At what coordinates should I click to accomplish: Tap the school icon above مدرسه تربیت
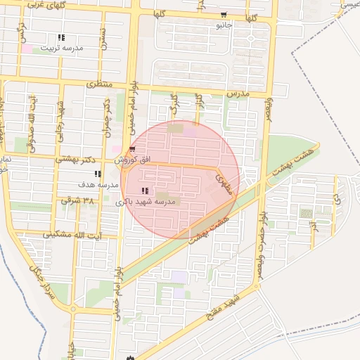[61, 37]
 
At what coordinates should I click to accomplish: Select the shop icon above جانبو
[224, 15]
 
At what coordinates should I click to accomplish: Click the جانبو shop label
[223, 25]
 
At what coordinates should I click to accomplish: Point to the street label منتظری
[99, 84]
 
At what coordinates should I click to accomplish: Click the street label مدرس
[238, 93]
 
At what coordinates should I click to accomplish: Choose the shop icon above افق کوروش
[132, 149]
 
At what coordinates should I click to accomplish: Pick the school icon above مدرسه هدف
[98, 174]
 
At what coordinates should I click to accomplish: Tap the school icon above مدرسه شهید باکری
[145, 191]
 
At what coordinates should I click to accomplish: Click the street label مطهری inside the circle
[224, 184]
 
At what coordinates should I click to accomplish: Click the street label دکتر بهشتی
[75, 160]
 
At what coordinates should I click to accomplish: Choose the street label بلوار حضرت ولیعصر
[262, 211]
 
